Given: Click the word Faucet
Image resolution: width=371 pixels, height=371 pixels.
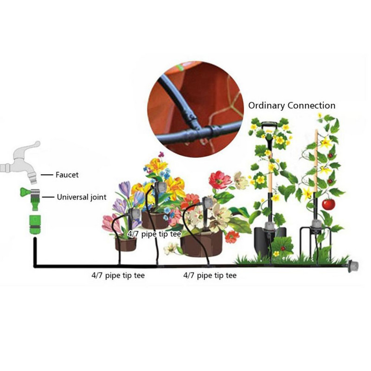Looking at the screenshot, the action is (x=67, y=175).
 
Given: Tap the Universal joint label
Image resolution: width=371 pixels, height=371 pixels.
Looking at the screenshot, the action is (x=82, y=197).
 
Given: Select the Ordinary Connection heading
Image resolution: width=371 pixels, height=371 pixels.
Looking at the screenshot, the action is (x=292, y=106).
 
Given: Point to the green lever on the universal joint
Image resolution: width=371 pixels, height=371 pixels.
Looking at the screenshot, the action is (x=24, y=192).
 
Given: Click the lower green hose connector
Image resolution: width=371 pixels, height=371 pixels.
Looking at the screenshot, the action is (x=35, y=224).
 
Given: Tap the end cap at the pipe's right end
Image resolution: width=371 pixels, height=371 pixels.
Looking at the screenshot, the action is (x=353, y=266).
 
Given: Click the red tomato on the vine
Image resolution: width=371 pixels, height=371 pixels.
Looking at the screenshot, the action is (x=328, y=204).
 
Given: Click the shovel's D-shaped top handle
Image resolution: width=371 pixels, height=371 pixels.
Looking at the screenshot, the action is (x=269, y=125).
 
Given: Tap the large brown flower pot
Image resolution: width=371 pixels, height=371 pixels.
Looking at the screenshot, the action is (x=201, y=244).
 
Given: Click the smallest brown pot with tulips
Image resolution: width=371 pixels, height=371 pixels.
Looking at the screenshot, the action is (x=126, y=244).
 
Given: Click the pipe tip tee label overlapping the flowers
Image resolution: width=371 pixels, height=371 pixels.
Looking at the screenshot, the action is (x=154, y=234).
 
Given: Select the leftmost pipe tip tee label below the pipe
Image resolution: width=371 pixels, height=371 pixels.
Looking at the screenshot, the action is (x=118, y=275).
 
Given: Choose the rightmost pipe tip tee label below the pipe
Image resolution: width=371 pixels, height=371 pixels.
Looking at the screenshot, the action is (x=210, y=275).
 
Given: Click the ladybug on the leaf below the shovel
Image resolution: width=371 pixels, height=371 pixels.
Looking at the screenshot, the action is (x=282, y=249).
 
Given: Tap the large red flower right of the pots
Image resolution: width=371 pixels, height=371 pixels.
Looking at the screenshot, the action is (x=219, y=180).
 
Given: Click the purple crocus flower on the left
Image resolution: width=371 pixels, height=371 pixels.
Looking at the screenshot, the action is (x=124, y=189).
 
